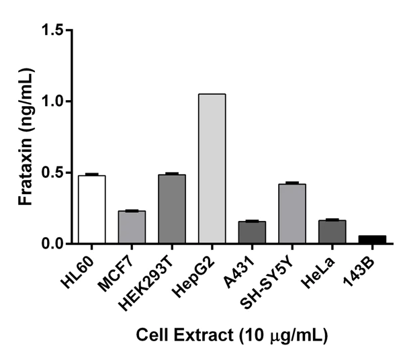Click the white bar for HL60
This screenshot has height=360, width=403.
(91, 209)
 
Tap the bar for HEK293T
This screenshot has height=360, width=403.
(172, 209)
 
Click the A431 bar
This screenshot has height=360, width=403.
(252, 232)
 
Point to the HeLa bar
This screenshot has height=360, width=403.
(332, 232)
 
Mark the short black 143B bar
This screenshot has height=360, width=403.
(373, 239)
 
